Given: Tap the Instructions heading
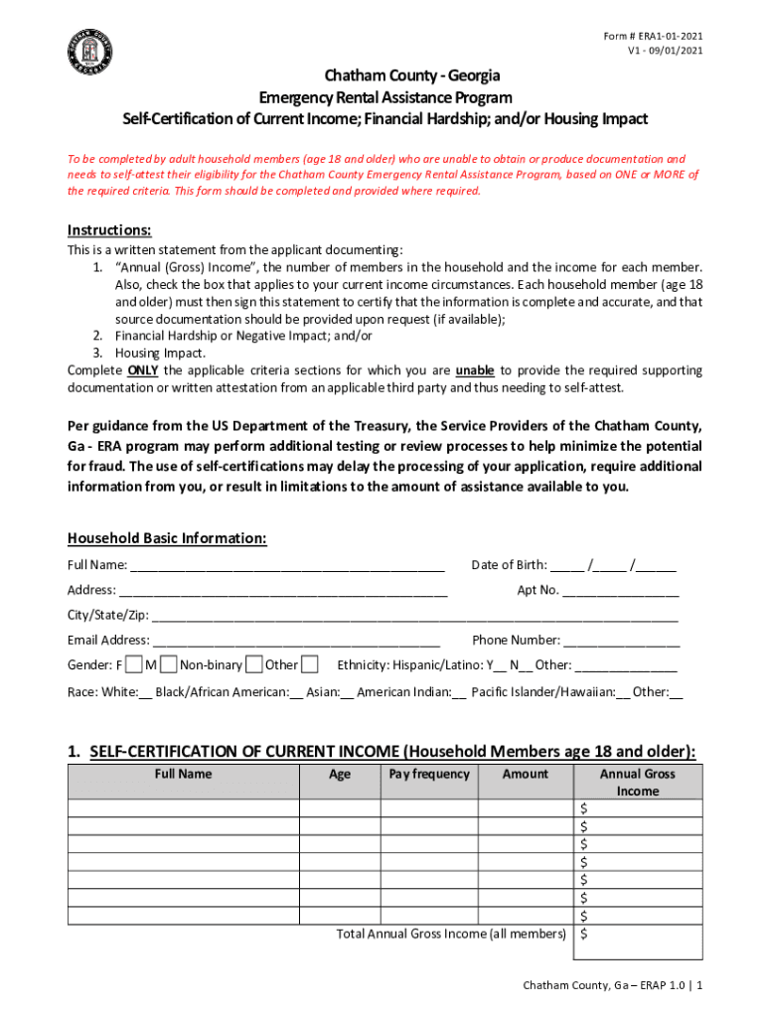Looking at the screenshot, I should [x=109, y=229].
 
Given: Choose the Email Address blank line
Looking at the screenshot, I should [x=297, y=641].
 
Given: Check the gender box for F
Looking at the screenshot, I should [x=134, y=664].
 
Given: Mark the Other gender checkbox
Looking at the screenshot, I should [x=310, y=664].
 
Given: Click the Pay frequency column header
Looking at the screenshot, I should [x=429, y=774].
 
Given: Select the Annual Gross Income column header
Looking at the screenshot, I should [x=637, y=783].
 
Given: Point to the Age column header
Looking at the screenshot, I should [x=340, y=774].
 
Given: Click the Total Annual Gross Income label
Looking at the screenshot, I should [x=452, y=934].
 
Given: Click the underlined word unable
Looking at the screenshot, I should [x=475, y=370].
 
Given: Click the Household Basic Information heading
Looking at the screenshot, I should [x=167, y=538].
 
